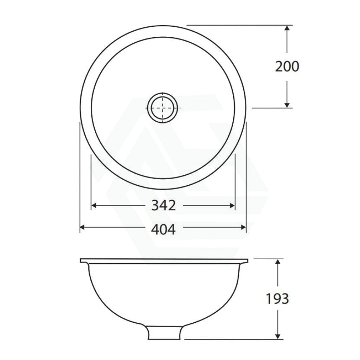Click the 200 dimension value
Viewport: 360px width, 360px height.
pos(287,66)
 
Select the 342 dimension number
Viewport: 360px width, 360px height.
pos(164,206)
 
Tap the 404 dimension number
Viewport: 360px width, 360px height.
pos(163,229)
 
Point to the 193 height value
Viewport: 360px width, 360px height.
pos(277,299)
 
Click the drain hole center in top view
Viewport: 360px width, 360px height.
pos(163,108)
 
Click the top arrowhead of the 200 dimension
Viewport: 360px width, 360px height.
pos(287,28)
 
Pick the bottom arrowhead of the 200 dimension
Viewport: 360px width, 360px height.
pos(287,104)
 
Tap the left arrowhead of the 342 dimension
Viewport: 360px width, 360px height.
pos(94,206)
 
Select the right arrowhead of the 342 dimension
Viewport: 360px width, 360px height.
pos(232,206)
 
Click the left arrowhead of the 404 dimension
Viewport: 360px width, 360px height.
pos(83,227)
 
